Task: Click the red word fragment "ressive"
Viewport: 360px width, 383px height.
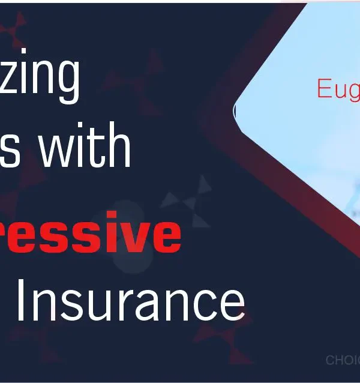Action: (x=90, y=234)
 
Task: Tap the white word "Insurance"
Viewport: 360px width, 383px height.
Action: (x=130, y=302)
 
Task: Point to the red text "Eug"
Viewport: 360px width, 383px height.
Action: (x=338, y=89)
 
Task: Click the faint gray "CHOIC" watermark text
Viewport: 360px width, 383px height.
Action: (x=342, y=360)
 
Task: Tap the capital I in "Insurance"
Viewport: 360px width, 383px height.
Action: (x=21, y=301)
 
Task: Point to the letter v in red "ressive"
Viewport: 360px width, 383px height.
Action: (x=140, y=235)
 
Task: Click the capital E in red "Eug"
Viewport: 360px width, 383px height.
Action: (x=325, y=88)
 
